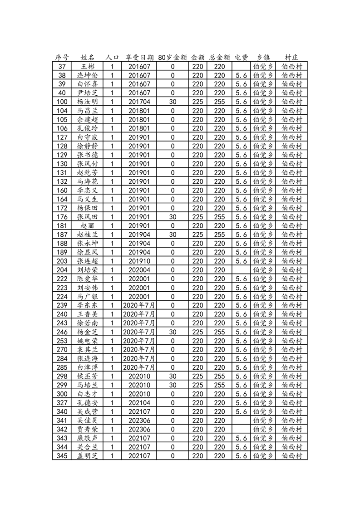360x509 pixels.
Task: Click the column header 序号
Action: click(x=62, y=58)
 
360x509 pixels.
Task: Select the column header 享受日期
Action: click(x=139, y=58)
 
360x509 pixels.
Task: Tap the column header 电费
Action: click(x=242, y=58)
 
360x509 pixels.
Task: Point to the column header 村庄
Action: click(x=291, y=58)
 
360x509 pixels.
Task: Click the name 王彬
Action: click(x=87, y=66)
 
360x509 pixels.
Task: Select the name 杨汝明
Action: click(x=87, y=102)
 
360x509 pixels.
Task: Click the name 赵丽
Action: click(x=87, y=225)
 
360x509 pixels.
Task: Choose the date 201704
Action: click(x=139, y=102)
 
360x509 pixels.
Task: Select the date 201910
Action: click(x=139, y=261)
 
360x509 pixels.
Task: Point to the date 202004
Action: click(x=139, y=270)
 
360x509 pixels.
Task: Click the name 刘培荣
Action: click(x=87, y=270)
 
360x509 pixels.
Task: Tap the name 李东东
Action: click(x=87, y=305)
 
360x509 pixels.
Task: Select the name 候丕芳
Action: click(x=87, y=376)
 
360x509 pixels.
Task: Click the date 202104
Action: click(x=139, y=403)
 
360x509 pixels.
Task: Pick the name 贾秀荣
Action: click(x=87, y=429)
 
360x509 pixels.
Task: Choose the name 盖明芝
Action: click(x=87, y=456)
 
